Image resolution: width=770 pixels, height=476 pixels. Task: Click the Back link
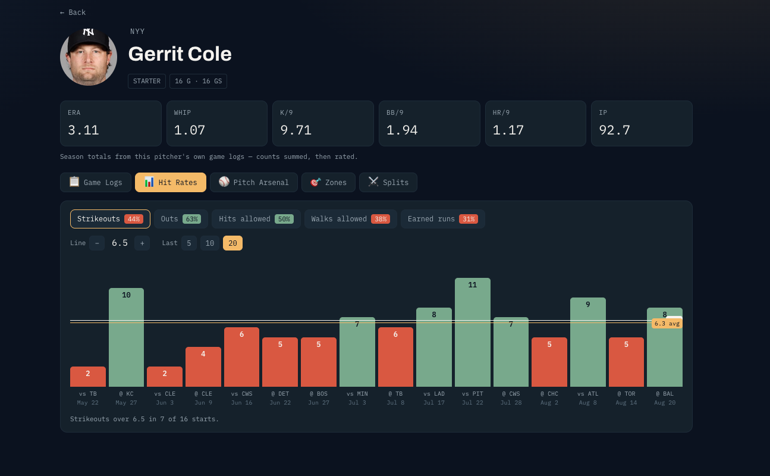click(73, 12)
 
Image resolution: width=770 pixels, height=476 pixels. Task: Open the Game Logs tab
click(96, 182)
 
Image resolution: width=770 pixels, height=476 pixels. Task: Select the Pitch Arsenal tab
click(254, 182)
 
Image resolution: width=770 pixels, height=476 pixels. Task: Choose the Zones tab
click(328, 182)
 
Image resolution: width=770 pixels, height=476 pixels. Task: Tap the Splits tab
click(388, 182)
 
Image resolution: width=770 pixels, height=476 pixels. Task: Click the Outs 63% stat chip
click(181, 219)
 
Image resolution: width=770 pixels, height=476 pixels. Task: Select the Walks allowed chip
click(351, 219)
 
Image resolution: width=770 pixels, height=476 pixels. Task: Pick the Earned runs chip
click(443, 219)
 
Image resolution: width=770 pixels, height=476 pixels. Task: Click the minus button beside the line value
click(97, 243)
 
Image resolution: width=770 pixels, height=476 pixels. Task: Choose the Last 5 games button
click(188, 243)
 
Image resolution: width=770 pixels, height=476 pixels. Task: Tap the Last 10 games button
click(210, 243)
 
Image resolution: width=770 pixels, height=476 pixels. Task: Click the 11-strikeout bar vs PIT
click(472, 332)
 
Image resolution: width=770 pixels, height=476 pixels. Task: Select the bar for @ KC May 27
click(126, 337)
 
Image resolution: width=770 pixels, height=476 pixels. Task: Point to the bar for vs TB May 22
click(87, 377)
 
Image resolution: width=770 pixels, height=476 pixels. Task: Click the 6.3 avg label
click(667, 324)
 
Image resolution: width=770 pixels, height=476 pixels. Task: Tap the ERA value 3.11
click(83, 130)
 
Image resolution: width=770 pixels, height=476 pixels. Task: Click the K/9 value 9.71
click(296, 130)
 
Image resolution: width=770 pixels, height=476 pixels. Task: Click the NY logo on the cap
click(89, 32)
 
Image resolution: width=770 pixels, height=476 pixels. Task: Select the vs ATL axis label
click(588, 394)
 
